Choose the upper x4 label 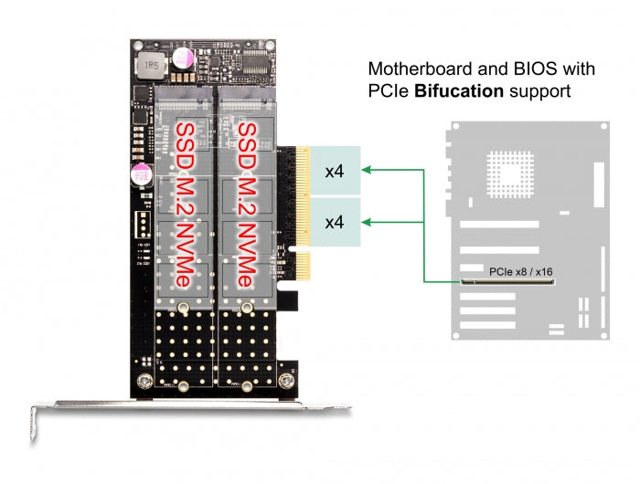tap(335, 171)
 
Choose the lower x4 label tap(335, 222)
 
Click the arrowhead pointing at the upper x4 tap(367, 170)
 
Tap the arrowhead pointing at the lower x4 tap(367, 221)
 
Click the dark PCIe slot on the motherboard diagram tap(509, 281)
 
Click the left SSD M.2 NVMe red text tap(185, 205)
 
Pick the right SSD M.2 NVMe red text tap(245, 205)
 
